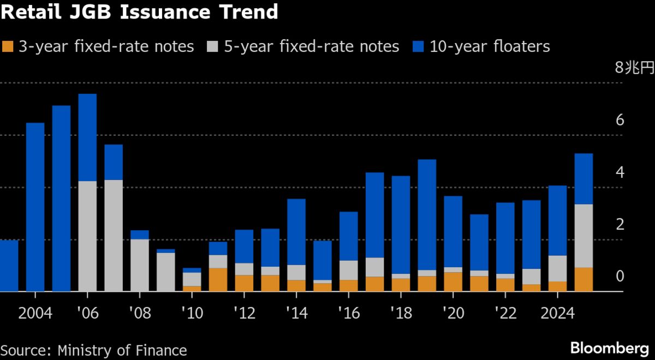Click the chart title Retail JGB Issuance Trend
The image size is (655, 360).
click(x=139, y=12)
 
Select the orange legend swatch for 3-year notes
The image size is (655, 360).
click(x=8, y=46)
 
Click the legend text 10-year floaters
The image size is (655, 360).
click(x=490, y=46)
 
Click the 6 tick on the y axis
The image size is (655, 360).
click(x=620, y=121)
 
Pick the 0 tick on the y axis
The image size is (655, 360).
click(x=620, y=277)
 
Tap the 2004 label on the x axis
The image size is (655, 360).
click(x=35, y=314)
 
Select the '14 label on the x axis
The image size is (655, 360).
click(x=296, y=314)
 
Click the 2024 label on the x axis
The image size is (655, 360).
click(x=557, y=314)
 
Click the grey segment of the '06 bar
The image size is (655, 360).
click(x=87, y=236)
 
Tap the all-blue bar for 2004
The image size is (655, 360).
click(x=35, y=207)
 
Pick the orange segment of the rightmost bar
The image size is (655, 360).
click(x=583, y=280)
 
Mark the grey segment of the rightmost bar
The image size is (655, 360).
click(x=583, y=236)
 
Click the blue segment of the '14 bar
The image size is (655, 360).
click(x=296, y=232)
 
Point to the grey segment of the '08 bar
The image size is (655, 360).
click(x=140, y=265)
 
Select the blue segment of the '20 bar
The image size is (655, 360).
click(x=452, y=232)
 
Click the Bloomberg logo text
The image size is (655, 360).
click(x=609, y=347)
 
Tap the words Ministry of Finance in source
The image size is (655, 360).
click(x=122, y=350)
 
